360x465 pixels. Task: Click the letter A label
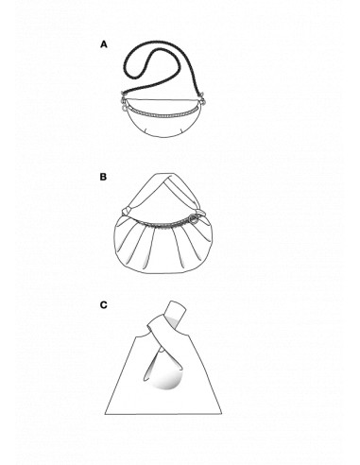pyautogui.click(x=104, y=44)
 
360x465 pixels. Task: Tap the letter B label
pyautogui.click(x=103, y=177)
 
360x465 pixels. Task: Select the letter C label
pyautogui.click(x=104, y=305)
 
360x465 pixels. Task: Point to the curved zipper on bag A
pyautogui.click(x=163, y=113)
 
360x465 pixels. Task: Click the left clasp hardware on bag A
pyautogui.click(x=125, y=102)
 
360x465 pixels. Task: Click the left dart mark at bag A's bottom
pyautogui.click(x=146, y=130)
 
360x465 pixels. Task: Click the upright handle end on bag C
pyautogui.click(x=177, y=310)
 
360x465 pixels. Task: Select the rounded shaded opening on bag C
pyautogui.click(x=167, y=378)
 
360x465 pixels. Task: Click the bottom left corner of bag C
pyautogui.click(x=105, y=414)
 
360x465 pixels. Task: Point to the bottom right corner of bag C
pyautogui.click(x=222, y=414)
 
